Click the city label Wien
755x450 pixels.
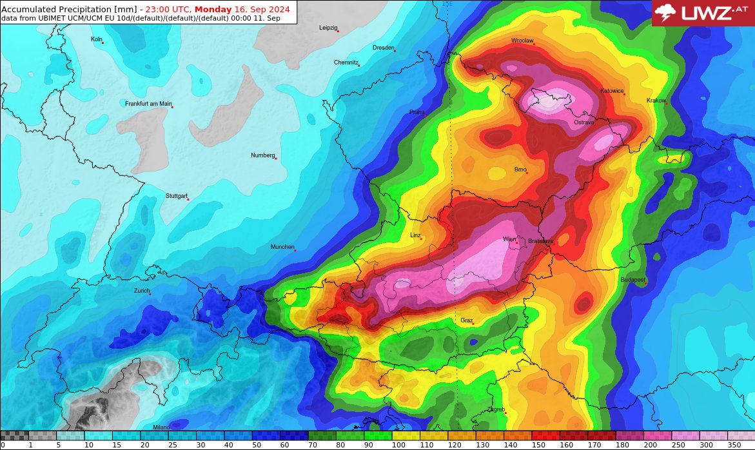[x=509, y=239]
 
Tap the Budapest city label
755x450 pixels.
[x=632, y=280]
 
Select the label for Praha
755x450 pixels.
[x=417, y=112]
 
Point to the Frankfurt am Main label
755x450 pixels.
[x=148, y=104]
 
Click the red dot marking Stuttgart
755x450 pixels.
[x=188, y=199]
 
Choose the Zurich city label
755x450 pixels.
[x=141, y=291]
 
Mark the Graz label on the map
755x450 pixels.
[x=466, y=320]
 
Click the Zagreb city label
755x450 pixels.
[x=496, y=409]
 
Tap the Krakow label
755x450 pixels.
[x=656, y=101]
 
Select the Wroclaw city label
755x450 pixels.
[x=522, y=41]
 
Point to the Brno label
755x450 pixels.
[x=520, y=170]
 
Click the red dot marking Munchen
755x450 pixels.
[x=295, y=250]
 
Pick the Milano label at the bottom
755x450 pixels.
[x=161, y=427]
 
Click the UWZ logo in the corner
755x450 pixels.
[x=703, y=13]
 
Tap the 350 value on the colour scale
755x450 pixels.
[x=734, y=445]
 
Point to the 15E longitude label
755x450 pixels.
[x=447, y=4]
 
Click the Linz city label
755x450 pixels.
[x=415, y=235]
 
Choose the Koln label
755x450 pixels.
[x=96, y=39]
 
